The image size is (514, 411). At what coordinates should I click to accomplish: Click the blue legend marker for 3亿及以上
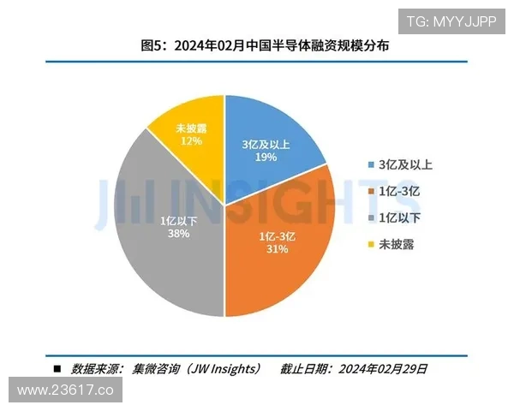[x=369, y=164]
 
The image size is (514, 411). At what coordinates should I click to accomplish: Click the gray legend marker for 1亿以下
[x=369, y=217]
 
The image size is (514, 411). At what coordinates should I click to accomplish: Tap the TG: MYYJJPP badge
[x=451, y=21]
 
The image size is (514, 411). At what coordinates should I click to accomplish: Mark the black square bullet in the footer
[x=57, y=369]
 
